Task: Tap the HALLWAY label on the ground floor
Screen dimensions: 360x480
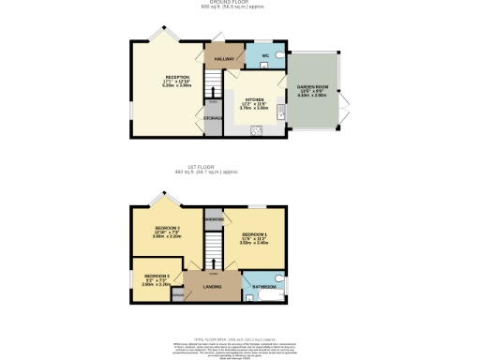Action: [x=223, y=59]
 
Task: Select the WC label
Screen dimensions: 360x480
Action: [x=265, y=56]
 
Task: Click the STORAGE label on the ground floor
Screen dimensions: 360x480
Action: [x=213, y=118]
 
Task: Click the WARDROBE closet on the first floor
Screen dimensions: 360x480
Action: [x=213, y=219]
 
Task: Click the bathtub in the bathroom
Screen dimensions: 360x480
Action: [x=265, y=297]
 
